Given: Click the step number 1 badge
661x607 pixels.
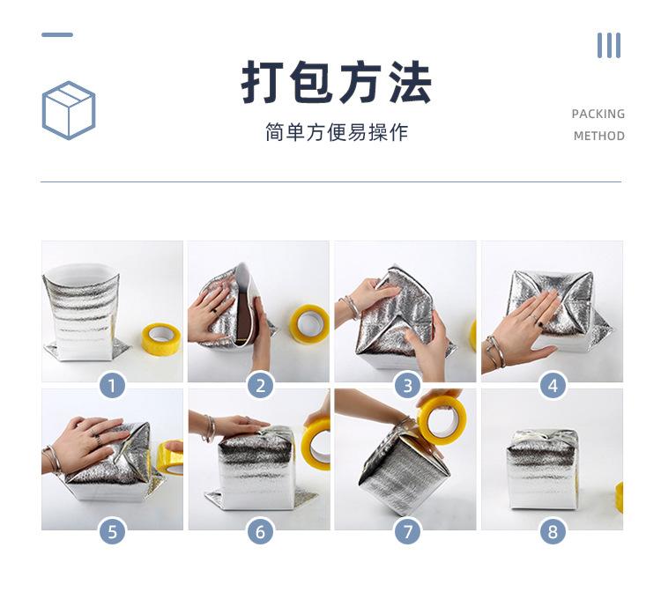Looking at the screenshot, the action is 112,386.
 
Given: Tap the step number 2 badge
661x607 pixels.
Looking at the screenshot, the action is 260,386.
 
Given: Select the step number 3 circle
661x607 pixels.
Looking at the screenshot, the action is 408,386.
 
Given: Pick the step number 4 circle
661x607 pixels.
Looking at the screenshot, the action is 553,386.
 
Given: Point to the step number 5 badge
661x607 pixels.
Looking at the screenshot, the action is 112,531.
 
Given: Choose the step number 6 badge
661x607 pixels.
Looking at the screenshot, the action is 260,531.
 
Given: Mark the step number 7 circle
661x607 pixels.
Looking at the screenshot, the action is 408,531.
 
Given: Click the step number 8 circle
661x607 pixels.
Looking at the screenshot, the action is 553,531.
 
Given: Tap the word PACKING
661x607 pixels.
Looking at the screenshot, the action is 598,114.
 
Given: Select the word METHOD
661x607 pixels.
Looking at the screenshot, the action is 599,136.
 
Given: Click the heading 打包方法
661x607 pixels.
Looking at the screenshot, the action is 336,82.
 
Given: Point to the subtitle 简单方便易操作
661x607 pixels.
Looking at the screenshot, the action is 337,132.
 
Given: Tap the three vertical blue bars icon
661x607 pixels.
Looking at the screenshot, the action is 609,46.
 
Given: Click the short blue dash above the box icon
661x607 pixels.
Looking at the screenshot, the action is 57,34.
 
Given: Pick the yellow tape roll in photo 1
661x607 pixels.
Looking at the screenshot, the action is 161,338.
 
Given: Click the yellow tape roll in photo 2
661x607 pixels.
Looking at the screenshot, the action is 309,324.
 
